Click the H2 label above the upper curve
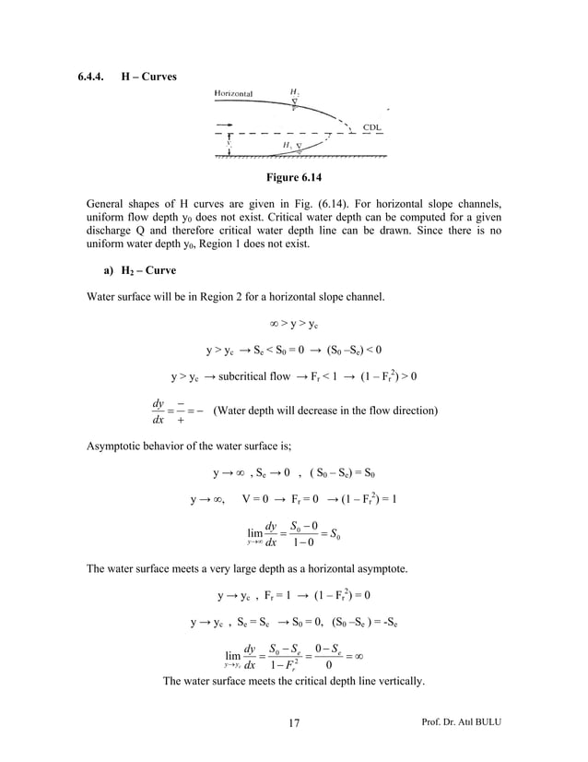coord(294,92)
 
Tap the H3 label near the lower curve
coord(287,146)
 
